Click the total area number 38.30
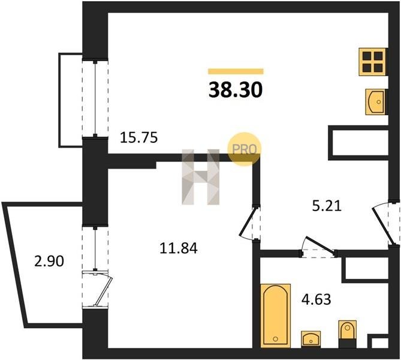coord(236,90)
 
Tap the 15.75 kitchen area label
coord(139,137)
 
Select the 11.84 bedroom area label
coord(179,248)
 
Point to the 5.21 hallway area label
coord(327,206)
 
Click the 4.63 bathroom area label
coord(316,299)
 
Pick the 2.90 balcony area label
coord(49,262)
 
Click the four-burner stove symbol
coord(372,62)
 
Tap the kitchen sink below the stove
coord(376,101)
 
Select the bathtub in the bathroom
coord(276,316)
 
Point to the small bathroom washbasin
coord(310,339)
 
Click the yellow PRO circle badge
coord(244,149)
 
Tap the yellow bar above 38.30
coord(236,71)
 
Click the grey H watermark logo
coord(201,177)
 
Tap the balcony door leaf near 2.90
coord(104,291)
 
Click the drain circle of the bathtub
coord(276,339)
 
